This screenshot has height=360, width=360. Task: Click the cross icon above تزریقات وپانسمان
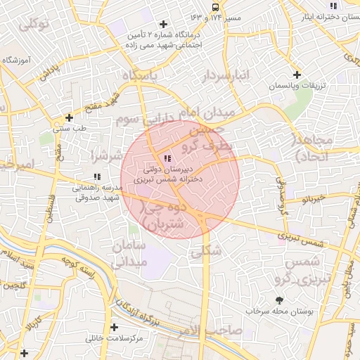[297, 75]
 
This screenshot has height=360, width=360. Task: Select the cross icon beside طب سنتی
[69, 118]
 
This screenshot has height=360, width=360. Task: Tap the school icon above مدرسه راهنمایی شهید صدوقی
[96, 176]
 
